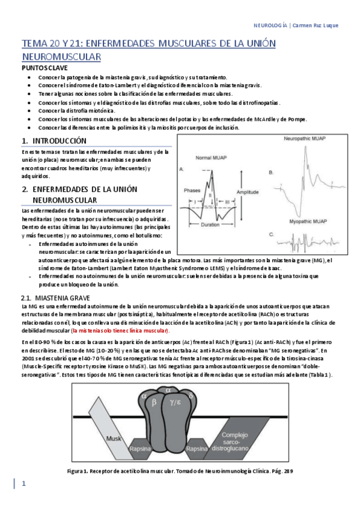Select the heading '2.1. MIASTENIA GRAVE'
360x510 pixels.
[x=55, y=298]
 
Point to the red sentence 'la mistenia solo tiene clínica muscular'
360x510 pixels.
[x=120, y=331]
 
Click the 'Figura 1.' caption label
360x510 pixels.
[x=78, y=470]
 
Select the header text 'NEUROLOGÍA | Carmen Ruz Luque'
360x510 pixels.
[x=302, y=25]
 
